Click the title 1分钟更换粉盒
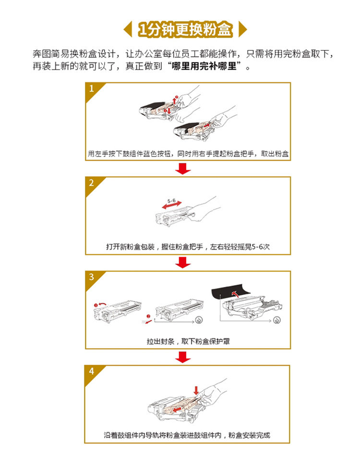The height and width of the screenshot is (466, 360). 185,29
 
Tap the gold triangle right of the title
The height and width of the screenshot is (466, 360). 242,29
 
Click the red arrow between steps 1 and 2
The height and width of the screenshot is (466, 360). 183,168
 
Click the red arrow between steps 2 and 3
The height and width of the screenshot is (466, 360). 183,263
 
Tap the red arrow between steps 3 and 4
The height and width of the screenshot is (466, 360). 183,357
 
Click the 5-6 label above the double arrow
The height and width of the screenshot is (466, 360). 171,201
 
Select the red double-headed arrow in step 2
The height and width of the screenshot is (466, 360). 172,205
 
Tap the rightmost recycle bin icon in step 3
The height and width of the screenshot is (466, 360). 277,320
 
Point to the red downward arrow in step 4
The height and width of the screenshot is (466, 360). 196,390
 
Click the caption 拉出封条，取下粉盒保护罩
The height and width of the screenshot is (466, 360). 188,341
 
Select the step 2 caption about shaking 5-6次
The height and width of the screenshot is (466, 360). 188,247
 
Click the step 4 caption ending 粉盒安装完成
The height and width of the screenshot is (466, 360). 187,435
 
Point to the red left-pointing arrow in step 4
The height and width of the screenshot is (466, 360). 178,410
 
